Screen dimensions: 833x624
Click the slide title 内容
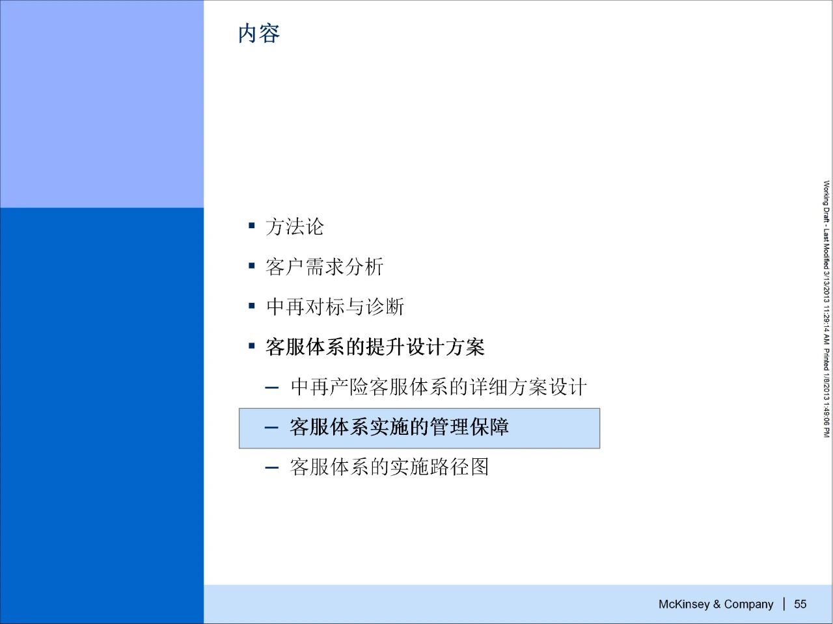coord(259,33)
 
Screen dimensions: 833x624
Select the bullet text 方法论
coord(295,227)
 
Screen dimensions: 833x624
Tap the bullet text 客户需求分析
coord(325,266)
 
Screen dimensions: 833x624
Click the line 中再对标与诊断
coord(335,307)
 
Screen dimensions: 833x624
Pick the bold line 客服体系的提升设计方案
coord(375,346)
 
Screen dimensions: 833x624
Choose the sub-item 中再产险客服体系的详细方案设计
coord(439,387)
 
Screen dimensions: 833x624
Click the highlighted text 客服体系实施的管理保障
coord(399,427)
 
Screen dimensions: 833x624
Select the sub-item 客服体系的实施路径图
coord(389,467)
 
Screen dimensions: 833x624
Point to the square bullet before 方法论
coord(252,226)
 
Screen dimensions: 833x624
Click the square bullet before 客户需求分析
coord(252,266)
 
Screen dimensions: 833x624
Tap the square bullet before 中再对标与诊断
coord(252,305)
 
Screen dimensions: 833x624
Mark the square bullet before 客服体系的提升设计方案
coord(252,346)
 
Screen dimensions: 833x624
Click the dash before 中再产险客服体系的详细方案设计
coord(272,388)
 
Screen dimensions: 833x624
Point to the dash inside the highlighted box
coord(272,428)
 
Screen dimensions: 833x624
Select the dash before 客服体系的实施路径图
coord(272,468)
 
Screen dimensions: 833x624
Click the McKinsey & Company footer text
coord(716,604)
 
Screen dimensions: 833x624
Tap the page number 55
coord(800,604)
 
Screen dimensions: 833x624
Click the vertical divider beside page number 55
coord(784,604)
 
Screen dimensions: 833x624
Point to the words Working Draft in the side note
coord(826,201)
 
